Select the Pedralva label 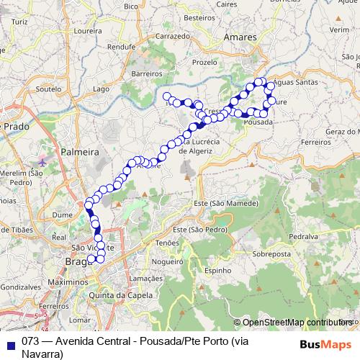pyautogui.click(x=303, y=236)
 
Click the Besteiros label pyautogui.click(x=200, y=17)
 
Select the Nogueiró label pyautogui.click(x=176, y=262)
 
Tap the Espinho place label pyautogui.click(x=217, y=271)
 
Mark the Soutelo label pyautogui.click(x=48, y=89)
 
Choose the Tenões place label pyautogui.click(x=167, y=243)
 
